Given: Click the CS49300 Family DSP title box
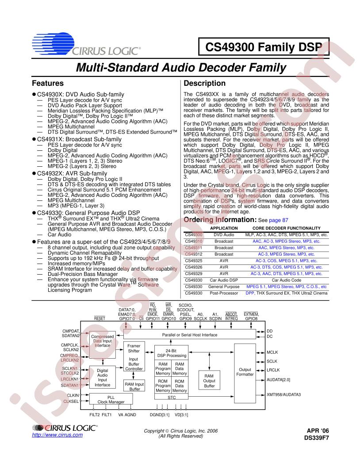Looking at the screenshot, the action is click(x=264, y=47).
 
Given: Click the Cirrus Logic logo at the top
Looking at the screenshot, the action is click(x=86, y=44).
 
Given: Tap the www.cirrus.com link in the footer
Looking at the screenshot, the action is click(x=57, y=435).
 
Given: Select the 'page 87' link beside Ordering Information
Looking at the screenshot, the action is click(x=279, y=220).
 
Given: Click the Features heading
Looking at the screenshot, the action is click(x=48, y=83).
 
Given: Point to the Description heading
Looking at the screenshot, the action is click(x=205, y=83).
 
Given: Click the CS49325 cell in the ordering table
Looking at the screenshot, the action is click(x=194, y=260).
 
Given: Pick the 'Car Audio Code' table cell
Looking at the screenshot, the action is click(x=287, y=280).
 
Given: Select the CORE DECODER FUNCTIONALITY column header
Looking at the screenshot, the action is click(x=287, y=228).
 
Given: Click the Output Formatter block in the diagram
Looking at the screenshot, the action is click(x=245, y=373).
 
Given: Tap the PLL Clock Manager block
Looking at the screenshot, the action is click(x=111, y=399).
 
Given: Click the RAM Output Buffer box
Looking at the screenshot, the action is click(x=209, y=380).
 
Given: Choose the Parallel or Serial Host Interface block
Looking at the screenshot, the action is click(x=190, y=334).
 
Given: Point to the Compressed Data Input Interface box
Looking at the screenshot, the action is click(x=103, y=345).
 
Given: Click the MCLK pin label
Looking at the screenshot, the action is click(x=272, y=352).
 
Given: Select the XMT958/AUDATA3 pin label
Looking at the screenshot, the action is click(x=284, y=394).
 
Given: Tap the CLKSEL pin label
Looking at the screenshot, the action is click(x=71, y=401).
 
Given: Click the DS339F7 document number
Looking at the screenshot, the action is click(x=317, y=438).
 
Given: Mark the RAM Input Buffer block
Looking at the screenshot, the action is click(x=134, y=386).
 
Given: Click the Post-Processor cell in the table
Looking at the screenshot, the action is click(x=224, y=293).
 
